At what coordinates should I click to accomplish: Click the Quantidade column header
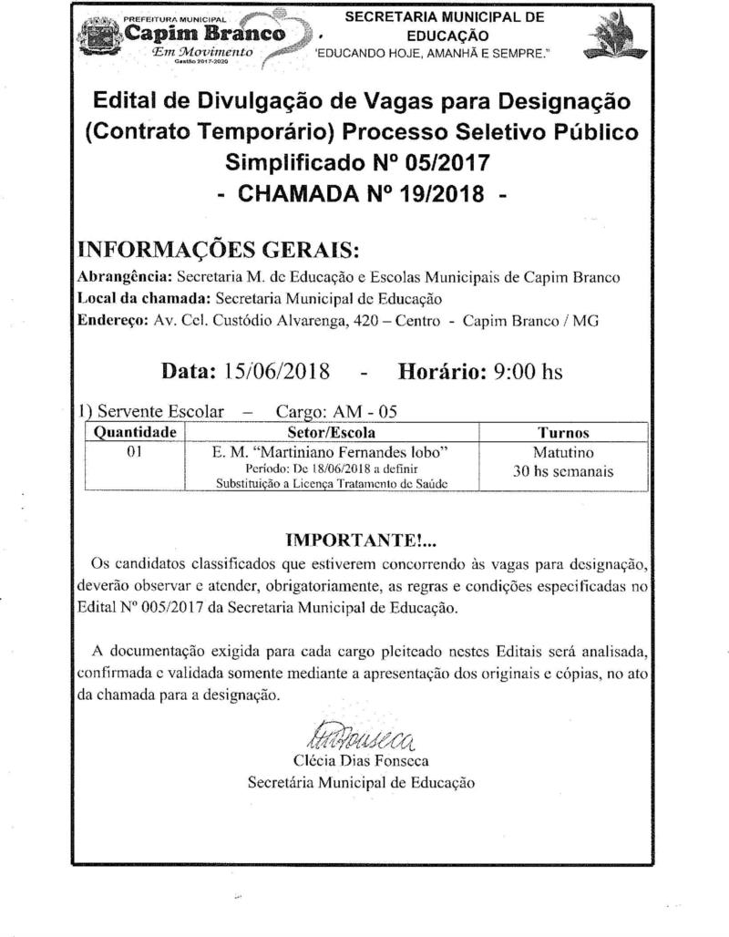click(134, 432)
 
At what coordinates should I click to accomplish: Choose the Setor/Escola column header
click(331, 432)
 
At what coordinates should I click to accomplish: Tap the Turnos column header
click(563, 432)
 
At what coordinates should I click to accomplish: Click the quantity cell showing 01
click(133, 451)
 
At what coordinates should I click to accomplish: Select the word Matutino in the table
click(563, 452)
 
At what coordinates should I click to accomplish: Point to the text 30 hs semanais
click(563, 472)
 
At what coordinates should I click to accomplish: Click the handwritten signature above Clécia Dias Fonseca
click(362, 734)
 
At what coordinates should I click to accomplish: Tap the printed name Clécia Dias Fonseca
click(362, 760)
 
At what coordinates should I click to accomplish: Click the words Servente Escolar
click(160, 411)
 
